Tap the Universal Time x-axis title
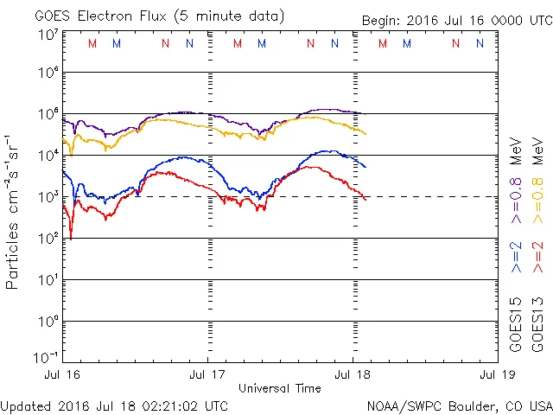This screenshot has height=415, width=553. pyautogui.click(x=279, y=388)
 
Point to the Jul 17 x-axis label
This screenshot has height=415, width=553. pyautogui.click(x=208, y=376)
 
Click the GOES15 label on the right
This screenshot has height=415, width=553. pyautogui.click(x=517, y=324)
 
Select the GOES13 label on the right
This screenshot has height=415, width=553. pyautogui.click(x=538, y=324)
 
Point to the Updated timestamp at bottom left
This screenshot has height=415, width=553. pyautogui.click(x=115, y=405)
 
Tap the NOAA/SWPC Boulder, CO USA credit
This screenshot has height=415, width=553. pyautogui.click(x=459, y=405)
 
